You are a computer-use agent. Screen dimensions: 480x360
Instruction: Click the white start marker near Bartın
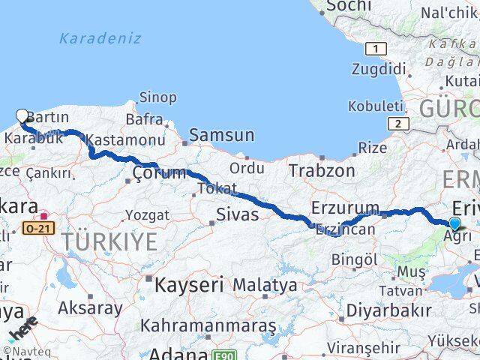[x=22, y=116]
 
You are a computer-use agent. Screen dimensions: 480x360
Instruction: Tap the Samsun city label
[x=221, y=136]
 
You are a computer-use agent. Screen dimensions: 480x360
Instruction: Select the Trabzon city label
[x=322, y=171]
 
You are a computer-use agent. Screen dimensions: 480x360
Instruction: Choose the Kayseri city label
[x=190, y=285]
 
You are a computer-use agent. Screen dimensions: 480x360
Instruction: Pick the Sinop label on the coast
[x=157, y=97]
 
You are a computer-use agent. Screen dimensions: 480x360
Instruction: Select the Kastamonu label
[x=125, y=140]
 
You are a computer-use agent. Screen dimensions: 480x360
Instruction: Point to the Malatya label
[x=264, y=286]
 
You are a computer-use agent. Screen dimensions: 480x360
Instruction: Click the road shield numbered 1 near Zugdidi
[x=375, y=49]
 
